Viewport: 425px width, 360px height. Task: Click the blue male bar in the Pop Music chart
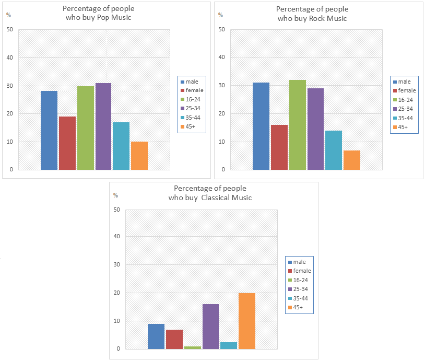coord(49,131)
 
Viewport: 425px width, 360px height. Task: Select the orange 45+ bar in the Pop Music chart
coord(139,156)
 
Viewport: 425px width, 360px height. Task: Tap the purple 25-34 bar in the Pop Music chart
coord(103,126)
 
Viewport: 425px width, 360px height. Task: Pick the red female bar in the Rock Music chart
coord(279,147)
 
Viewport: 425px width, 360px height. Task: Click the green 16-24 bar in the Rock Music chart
coord(297,125)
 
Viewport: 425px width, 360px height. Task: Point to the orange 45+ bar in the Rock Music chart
coord(351,160)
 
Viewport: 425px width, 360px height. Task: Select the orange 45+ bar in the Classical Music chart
coord(246,321)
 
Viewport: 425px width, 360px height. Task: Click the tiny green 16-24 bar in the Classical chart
coord(192,347)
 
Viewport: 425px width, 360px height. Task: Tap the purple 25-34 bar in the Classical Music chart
coord(210,327)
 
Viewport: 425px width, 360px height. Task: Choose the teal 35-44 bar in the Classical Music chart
coord(229,345)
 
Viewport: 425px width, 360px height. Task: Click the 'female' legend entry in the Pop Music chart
coord(194,90)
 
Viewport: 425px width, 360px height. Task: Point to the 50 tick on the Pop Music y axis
coord(9,29)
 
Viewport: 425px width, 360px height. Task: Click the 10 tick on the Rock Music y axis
coord(221,142)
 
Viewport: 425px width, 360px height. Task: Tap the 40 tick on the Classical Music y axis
coord(116,237)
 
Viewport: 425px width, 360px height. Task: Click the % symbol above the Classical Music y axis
coord(115,195)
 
